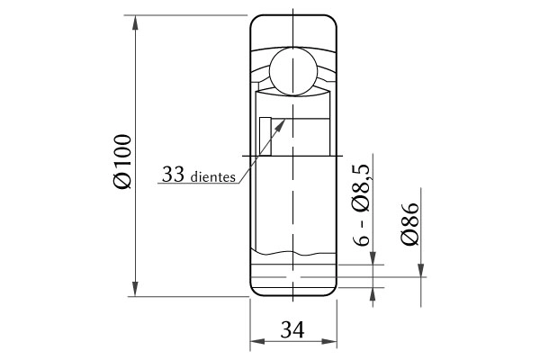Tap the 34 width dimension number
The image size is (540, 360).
click(x=292, y=329)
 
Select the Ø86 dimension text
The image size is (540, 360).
click(x=409, y=223)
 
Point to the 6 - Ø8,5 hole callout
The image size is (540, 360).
click(x=361, y=205)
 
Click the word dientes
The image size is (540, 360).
click(x=212, y=177)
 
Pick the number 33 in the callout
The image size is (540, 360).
click(x=173, y=174)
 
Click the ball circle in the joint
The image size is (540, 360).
click(x=292, y=71)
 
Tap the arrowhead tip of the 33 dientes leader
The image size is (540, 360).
click(x=285, y=119)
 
